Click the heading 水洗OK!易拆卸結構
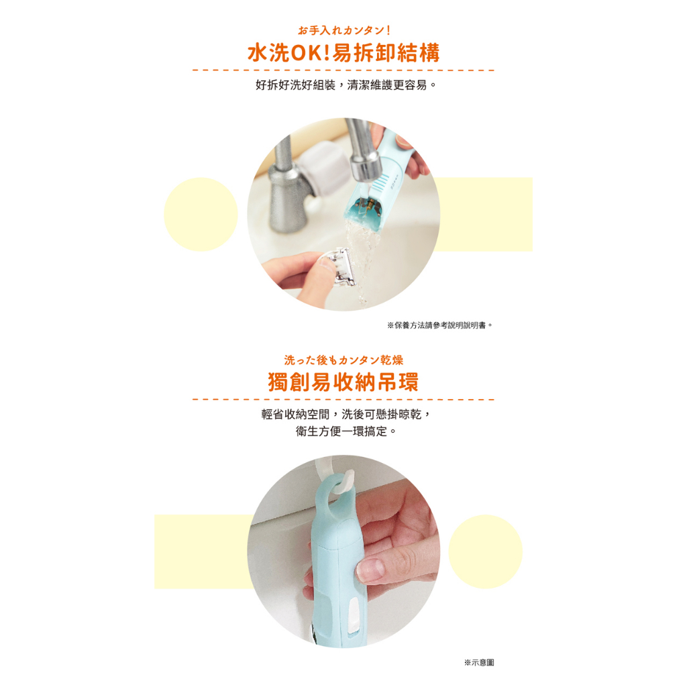point(343,53)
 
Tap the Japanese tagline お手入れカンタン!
point(344,30)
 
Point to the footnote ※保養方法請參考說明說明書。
point(440,325)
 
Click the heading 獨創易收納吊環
point(343,382)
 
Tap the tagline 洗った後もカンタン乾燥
point(343,360)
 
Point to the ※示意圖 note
point(479,662)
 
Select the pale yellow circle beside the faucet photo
point(201,214)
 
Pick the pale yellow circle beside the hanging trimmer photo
point(486,551)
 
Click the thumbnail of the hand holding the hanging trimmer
point(343,551)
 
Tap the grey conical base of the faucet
point(287,201)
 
